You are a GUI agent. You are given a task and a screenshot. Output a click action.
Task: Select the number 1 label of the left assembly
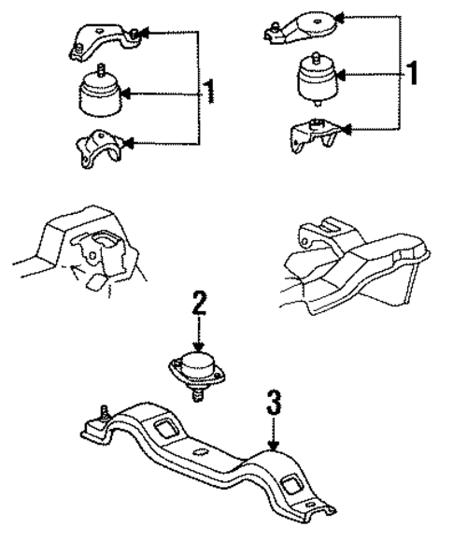(x=210, y=91)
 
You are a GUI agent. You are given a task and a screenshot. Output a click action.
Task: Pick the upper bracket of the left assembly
(x=102, y=41)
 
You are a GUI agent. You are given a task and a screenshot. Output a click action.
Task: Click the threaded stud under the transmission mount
(x=198, y=396)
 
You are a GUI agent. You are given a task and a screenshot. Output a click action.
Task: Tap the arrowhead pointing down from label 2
(x=198, y=346)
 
